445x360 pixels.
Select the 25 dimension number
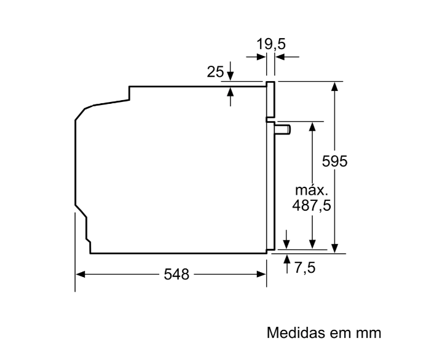tap(215, 72)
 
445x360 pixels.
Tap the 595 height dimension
tap(335, 162)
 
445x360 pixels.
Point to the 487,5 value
tap(311, 206)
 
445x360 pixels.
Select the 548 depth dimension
tap(176, 275)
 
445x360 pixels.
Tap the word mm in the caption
tap(366, 334)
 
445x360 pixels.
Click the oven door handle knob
tap(283, 128)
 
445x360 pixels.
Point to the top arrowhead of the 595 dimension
tap(334, 86)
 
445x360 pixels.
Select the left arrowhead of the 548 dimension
tap(80, 275)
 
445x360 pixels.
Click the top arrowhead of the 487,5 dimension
tap(313, 126)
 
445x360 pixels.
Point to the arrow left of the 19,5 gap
tap(262, 57)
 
